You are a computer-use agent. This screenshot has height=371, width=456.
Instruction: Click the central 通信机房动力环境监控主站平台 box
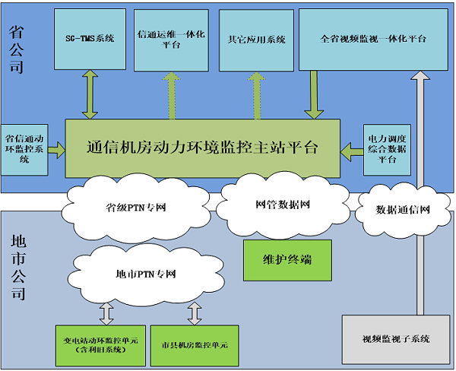point(202,148)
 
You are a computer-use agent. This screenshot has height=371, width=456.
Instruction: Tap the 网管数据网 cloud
point(282,205)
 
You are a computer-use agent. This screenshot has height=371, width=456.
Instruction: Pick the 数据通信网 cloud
point(403,209)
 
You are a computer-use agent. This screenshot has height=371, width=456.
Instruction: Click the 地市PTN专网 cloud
point(146,274)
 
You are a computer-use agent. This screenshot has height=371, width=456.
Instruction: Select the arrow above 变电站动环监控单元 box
point(106,312)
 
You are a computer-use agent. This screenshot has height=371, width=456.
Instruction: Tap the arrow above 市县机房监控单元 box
point(195,312)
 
